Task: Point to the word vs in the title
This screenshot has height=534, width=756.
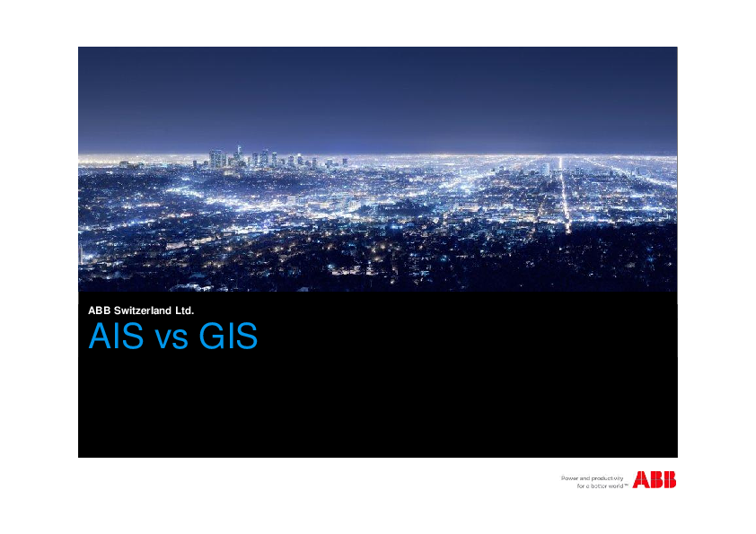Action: click(167, 339)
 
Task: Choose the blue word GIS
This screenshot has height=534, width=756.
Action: click(228, 337)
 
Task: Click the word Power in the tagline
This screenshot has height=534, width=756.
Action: click(571, 478)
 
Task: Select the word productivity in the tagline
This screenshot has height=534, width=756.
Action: click(608, 478)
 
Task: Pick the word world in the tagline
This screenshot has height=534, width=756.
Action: click(616, 486)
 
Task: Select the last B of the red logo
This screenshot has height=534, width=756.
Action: click(669, 480)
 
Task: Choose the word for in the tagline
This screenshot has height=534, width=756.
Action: click(580, 486)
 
